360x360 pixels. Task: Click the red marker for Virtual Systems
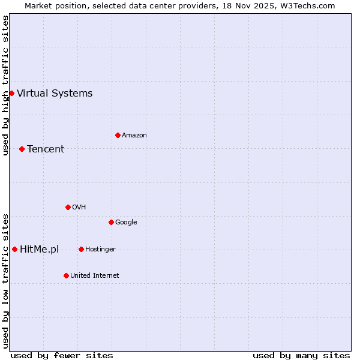11,93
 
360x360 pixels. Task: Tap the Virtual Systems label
55,93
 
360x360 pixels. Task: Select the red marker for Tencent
22,149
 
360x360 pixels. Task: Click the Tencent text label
46,149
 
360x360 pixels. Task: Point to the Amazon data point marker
118,135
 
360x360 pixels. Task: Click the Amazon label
134,135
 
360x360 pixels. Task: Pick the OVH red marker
68,207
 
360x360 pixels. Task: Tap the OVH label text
79,207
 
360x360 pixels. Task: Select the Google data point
111,222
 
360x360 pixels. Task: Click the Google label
126,222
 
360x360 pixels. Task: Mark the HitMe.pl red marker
14,249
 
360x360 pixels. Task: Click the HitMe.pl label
40,249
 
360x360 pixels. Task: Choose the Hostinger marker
81,249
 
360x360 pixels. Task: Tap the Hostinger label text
100,249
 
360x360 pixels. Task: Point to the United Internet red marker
66,275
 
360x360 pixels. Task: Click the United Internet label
95,275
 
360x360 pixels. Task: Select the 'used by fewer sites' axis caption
62,355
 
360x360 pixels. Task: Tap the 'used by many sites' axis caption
301,355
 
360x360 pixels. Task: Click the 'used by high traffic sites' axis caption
5,85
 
